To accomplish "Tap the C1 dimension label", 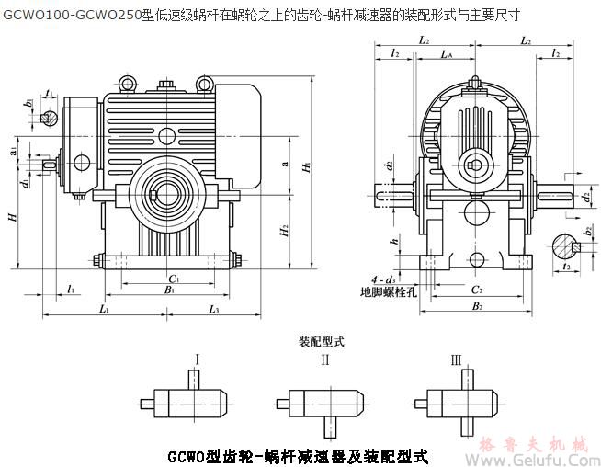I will click(x=172, y=276).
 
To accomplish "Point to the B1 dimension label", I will click(x=170, y=290).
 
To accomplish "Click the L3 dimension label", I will click(x=213, y=311).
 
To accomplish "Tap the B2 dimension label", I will click(x=477, y=306).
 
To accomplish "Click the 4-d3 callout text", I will click(x=383, y=278).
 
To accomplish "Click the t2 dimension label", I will click(x=567, y=266).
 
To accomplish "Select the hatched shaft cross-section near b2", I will click(x=562, y=245).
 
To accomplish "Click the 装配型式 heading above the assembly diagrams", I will click(x=321, y=341).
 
